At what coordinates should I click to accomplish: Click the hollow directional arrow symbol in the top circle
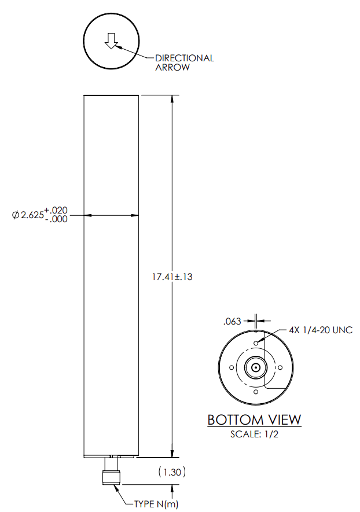111,40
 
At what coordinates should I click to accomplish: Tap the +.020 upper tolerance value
56,210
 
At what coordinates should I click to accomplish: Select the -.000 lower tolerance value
56,220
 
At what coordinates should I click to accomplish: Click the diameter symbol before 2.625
16,215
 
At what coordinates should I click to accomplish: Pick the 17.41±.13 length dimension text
172,277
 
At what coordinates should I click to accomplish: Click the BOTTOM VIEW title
254,419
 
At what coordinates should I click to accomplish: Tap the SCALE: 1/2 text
255,434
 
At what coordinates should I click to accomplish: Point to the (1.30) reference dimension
172,472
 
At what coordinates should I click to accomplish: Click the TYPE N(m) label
156,504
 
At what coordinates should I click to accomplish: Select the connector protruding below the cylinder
110,471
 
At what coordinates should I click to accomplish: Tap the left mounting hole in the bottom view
231,367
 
